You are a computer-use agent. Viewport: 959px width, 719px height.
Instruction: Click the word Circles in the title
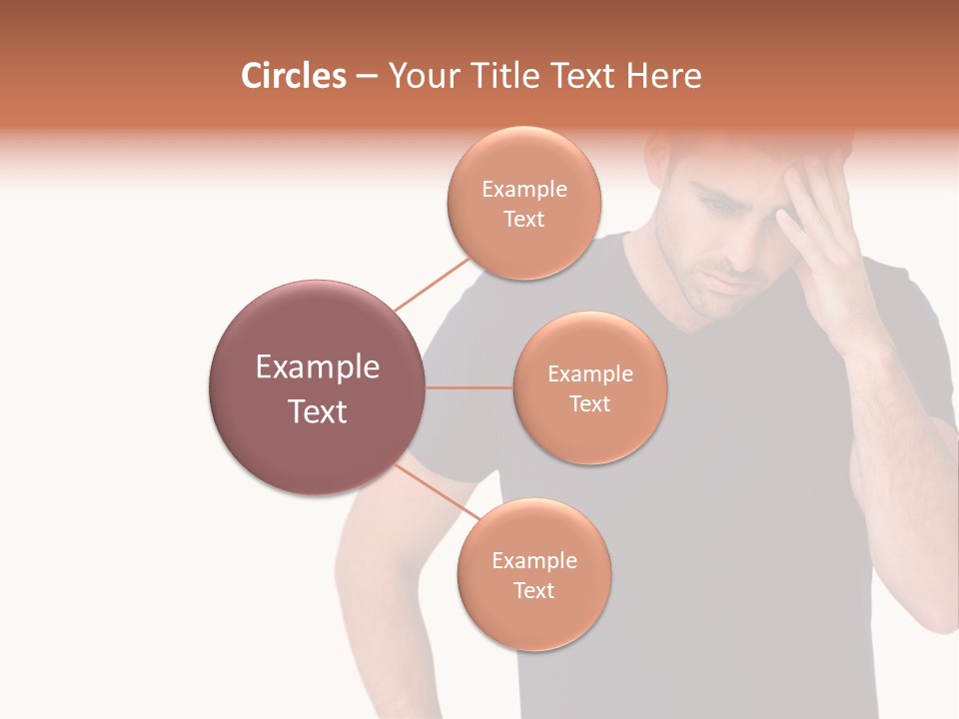point(293,76)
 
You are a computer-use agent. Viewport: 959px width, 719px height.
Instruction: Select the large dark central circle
point(318,387)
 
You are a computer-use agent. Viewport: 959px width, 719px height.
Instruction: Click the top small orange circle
point(523,203)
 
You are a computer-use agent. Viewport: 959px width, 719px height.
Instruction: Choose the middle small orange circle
point(589,387)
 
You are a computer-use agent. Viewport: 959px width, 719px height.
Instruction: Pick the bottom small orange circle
point(533,574)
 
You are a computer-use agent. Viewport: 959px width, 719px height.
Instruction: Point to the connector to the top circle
point(432,283)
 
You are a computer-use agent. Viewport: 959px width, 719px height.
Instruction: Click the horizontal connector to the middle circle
point(470,387)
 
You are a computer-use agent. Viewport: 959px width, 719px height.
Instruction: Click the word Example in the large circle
point(318,367)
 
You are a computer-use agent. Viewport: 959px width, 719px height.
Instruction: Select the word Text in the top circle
point(523,219)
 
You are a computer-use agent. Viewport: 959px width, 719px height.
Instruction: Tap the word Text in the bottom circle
point(533,590)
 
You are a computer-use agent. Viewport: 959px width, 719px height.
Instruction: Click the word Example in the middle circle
point(589,373)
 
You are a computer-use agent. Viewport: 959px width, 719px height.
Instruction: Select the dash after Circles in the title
point(366,77)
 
